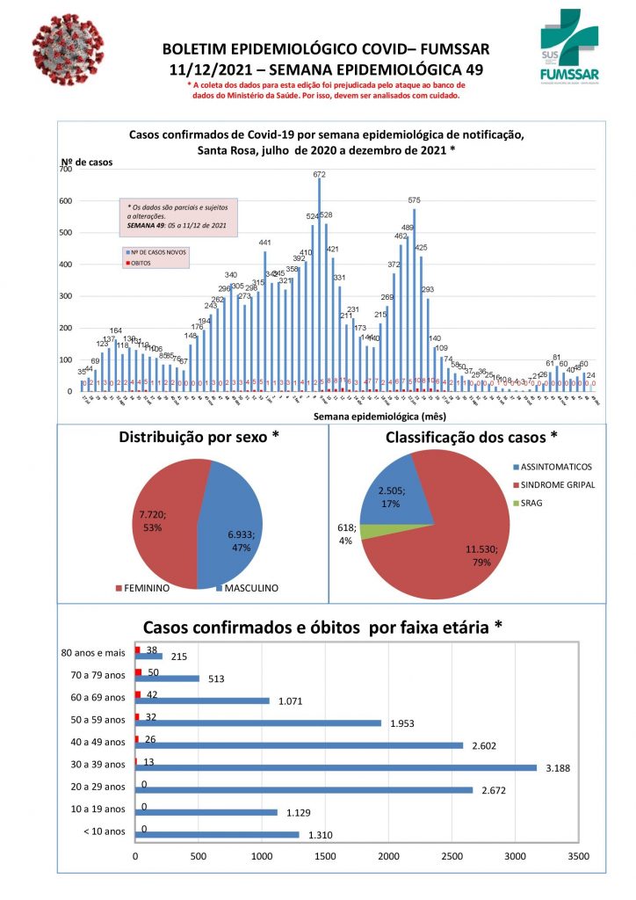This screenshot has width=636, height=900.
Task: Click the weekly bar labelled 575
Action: (414, 300)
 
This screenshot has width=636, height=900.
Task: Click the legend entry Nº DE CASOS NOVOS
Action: (158, 251)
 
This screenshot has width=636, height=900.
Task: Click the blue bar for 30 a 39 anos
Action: (334, 767)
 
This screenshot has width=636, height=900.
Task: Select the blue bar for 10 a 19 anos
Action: (206, 812)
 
